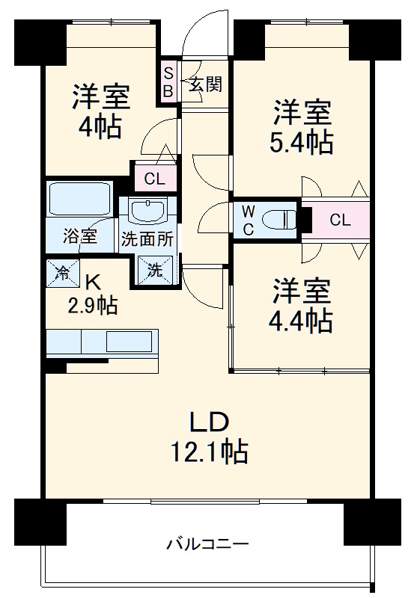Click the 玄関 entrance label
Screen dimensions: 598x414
point(204,84)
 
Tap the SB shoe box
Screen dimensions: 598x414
point(168,82)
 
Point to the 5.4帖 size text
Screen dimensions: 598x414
point(302,142)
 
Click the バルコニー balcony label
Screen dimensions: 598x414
point(207,543)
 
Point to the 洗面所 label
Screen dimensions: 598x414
point(147,241)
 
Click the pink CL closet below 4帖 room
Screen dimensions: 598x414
point(154,179)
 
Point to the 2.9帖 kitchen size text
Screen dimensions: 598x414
point(92,304)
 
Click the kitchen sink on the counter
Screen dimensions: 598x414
point(130,341)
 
